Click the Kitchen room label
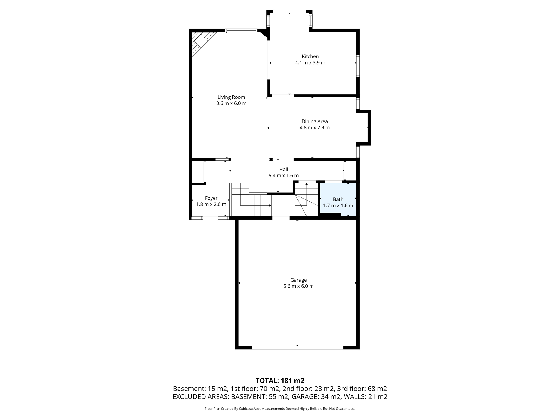coord(310,56)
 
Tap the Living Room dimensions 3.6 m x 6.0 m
coord(231,103)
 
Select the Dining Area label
coord(314,121)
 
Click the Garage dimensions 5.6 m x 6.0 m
coord(298,286)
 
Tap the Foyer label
coord(211,198)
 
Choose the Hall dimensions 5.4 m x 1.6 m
coord(284,176)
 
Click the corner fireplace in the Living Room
coord(202,42)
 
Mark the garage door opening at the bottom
coord(297,348)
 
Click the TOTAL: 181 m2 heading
coord(280,381)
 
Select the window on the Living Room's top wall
coord(241,31)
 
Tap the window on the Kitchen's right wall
coord(358,66)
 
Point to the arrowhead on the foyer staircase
coord(270,205)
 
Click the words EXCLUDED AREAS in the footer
coord(201,397)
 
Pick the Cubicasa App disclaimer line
coord(280,409)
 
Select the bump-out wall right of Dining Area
coord(369,128)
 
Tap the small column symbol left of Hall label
coord(271,159)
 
